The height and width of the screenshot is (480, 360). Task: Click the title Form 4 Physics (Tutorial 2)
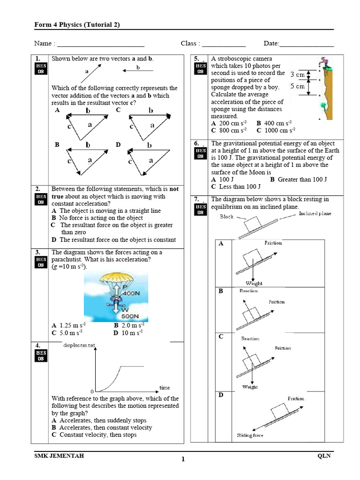[x=77, y=25]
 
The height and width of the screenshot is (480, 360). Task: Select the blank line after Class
[x=224, y=44]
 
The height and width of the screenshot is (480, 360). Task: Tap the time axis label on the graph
[x=165, y=388]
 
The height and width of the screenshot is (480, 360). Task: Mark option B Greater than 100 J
[x=298, y=179]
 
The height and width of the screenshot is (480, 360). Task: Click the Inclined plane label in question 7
[x=315, y=214]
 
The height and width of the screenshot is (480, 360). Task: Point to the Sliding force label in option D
[x=250, y=435]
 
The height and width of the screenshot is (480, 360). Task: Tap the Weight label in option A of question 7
[x=254, y=283]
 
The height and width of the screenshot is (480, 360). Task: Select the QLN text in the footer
[x=324, y=456]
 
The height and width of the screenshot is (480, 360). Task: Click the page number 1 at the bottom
[x=183, y=459]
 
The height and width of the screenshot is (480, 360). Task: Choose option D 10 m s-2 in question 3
[x=128, y=333]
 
